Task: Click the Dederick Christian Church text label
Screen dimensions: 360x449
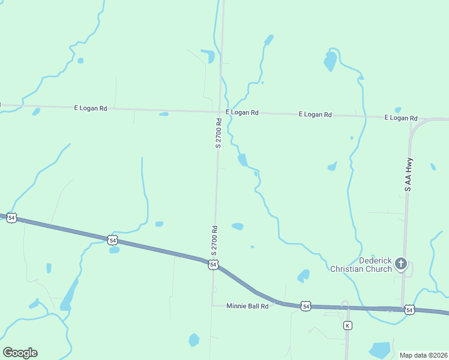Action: tap(361, 265)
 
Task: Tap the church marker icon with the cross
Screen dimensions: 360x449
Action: tap(401, 263)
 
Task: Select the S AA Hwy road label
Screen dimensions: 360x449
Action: tap(408, 175)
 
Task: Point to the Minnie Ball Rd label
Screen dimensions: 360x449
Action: tap(247, 305)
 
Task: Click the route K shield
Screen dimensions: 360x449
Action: tap(347, 325)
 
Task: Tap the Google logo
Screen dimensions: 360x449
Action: tap(20, 353)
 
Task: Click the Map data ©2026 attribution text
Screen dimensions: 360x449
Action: tap(423, 355)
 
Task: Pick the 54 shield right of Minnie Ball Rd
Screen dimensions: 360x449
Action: tap(306, 307)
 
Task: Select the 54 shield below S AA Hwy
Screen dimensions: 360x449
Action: tap(409, 310)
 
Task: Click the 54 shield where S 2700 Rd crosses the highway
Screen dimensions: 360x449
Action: tap(213, 264)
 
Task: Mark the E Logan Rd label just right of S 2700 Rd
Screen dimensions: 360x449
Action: tap(242, 112)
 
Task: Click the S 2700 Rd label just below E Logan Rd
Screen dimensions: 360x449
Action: tap(219, 133)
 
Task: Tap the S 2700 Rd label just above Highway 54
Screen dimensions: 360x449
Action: tap(214, 239)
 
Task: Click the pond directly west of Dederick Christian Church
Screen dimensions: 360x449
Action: tap(303, 276)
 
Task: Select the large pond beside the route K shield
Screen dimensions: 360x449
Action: tap(380, 350)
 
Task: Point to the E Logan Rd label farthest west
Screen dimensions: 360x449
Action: tap(91, 108)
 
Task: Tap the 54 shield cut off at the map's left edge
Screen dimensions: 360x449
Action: tap(11, 217)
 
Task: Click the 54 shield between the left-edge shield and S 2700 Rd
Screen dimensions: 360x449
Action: tap(112, 240)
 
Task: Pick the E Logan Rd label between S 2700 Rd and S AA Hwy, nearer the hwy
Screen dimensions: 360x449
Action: tap(315, 114)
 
